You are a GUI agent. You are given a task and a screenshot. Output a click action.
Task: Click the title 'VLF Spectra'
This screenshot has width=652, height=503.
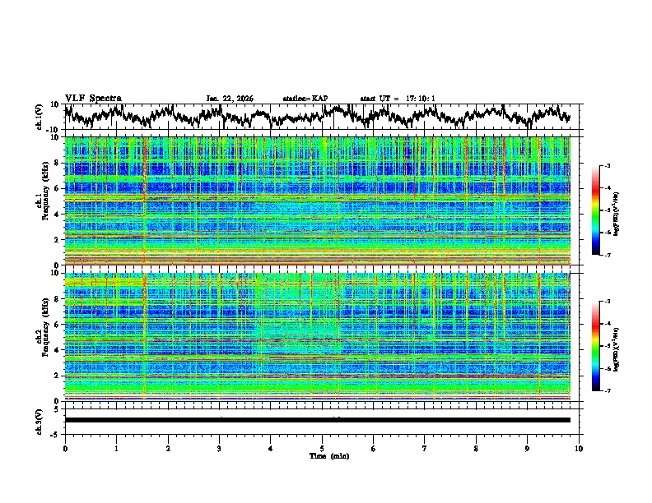93,98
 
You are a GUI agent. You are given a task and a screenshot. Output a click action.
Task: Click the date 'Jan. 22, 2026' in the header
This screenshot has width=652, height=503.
230,99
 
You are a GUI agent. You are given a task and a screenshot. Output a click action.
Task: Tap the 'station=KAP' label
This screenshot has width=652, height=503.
305,99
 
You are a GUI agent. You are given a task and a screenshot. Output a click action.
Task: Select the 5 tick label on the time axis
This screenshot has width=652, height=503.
322,448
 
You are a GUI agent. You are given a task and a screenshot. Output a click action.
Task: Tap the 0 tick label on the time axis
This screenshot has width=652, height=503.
65,448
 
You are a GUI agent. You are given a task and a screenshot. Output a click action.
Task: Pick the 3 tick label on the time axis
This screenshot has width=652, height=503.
219,448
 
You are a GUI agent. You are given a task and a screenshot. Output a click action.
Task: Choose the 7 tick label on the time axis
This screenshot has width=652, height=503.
425,448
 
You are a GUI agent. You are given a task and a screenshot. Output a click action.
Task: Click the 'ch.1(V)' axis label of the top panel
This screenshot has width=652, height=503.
40,117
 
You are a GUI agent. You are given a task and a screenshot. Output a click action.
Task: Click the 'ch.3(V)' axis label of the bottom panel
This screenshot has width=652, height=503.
40,420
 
